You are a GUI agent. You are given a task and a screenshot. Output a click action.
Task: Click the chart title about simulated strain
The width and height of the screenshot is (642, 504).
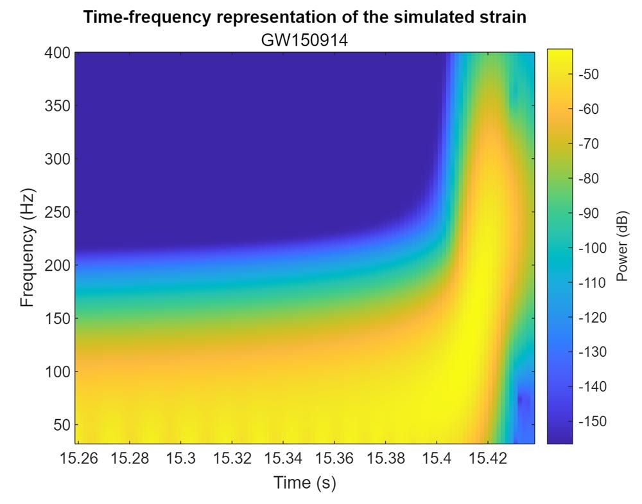tap(305, 18)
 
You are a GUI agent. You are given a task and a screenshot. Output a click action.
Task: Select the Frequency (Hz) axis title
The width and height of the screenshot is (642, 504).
tap(26, 248)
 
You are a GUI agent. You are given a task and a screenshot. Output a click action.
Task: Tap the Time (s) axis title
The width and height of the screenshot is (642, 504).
tap(305, 482)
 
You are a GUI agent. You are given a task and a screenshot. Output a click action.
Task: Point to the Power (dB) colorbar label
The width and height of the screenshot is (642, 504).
tap(621, 248)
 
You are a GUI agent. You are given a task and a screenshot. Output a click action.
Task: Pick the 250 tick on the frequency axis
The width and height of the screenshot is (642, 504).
tap(58, 212)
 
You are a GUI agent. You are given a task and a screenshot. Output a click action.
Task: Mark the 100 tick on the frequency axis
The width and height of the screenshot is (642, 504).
tap(58, 372)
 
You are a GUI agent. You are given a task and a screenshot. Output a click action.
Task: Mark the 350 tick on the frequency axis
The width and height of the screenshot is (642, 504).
tap(58, 106)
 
